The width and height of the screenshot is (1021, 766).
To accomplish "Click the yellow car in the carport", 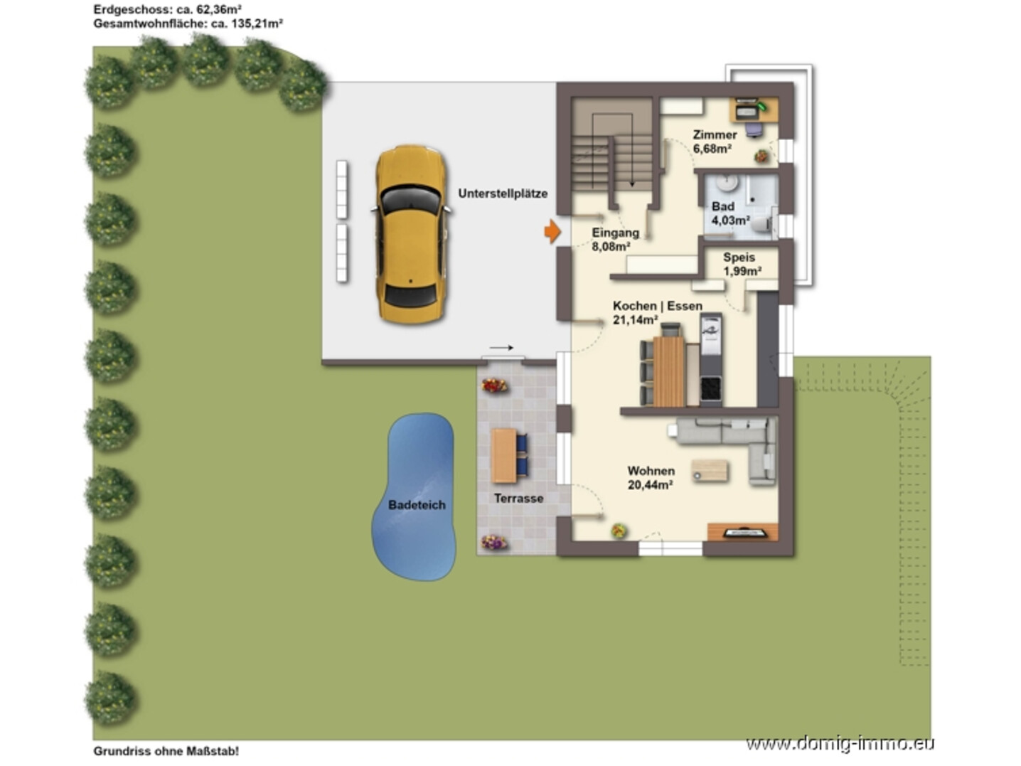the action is pyautogui.click(x=411, y=235).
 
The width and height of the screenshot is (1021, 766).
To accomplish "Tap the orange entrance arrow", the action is pyautogui.click(x=552, y=231).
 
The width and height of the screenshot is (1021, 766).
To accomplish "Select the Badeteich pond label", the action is pyautogui.click(x=417, y=504).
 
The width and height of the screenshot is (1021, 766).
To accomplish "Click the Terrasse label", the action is pyautogui.click(x=518, y=498).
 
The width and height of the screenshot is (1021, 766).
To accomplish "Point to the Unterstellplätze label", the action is pyautogui.click(x=503, y=193).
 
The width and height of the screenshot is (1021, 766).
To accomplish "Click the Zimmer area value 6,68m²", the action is pyautogui.click(x=712, y=149).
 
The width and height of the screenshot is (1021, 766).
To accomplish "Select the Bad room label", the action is pyautogui.click(x=723, y=206).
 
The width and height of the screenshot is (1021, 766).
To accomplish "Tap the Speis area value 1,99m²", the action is pyautogui.click(x=742, y=271).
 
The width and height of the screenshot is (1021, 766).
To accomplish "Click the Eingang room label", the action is pyautogui.click(x=616, y=233).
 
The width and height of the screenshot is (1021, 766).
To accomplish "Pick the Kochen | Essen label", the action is pyautogui.click(x=657, y=306).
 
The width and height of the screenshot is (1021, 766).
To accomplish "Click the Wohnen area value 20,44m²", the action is pyautogui.click(x=651, y=484).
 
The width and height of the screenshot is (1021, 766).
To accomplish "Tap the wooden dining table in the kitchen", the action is pyautogui.click(x=668, y=371).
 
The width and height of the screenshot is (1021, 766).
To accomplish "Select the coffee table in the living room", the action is pyautogui.click(x=710, y=471).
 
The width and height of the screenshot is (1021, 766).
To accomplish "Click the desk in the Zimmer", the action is pyautogui.click(x=754, y=110).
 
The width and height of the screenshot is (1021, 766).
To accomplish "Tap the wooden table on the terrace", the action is pyautogui.click(x=504, y=456).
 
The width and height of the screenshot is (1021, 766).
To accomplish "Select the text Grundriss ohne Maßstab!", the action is pyautogui.click(x=166, y=751).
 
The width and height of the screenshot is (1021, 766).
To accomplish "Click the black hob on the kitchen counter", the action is pyautogui.click(x=711, y=388).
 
